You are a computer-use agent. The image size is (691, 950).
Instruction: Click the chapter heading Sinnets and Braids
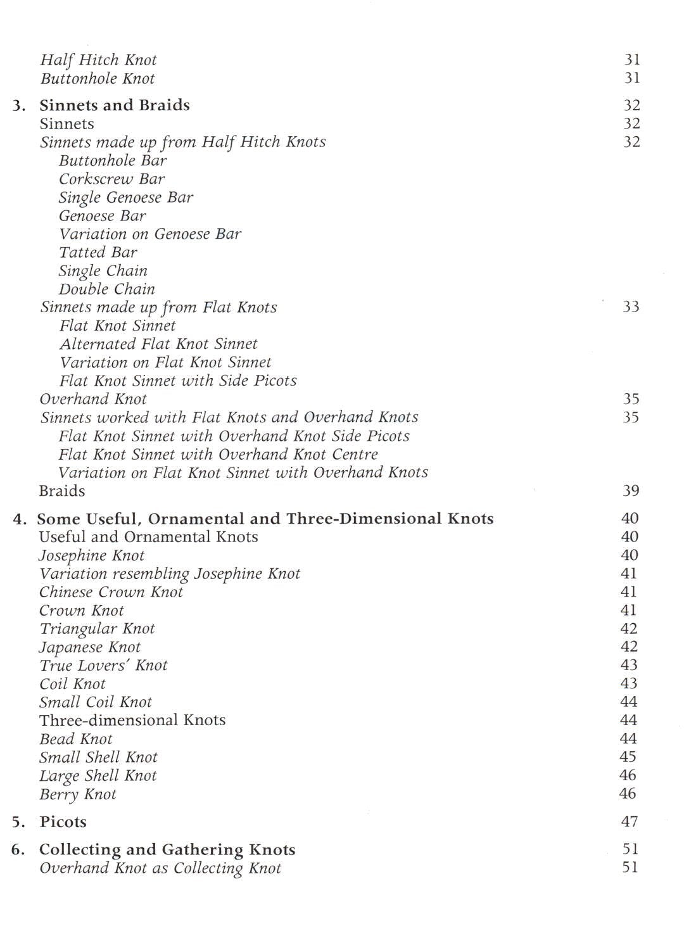(115, 105)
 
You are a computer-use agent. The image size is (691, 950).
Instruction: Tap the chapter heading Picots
(63, 822)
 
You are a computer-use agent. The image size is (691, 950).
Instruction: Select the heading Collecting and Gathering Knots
(167, 849)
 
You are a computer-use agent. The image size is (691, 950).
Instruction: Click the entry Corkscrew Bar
(111, 179)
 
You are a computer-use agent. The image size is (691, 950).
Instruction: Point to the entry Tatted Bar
(98, 253)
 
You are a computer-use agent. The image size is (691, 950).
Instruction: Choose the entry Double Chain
(106, 289)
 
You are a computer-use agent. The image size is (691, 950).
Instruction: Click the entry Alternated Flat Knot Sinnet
(158, 345)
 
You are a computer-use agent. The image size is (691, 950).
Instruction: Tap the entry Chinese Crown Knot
(111, 592)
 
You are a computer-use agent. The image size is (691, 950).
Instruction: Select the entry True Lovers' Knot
(103, 666)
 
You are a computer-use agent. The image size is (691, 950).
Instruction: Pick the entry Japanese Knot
(90, 647)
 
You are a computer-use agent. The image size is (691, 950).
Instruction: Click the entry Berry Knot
(78, 794)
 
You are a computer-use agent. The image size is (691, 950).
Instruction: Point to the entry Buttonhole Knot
(98, 79)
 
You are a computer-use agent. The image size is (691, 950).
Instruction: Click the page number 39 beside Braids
(631, 491)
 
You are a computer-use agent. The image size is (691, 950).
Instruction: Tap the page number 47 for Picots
(630, 822)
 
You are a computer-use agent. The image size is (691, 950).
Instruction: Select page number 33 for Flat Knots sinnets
(631, 307)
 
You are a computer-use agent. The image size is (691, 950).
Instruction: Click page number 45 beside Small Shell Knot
(628, 757)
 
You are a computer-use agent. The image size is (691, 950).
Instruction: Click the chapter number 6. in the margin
(18, 849)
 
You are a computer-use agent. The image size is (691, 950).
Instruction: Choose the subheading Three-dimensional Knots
(132, 721)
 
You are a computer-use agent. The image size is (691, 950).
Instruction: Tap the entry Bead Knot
(75, 739)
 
